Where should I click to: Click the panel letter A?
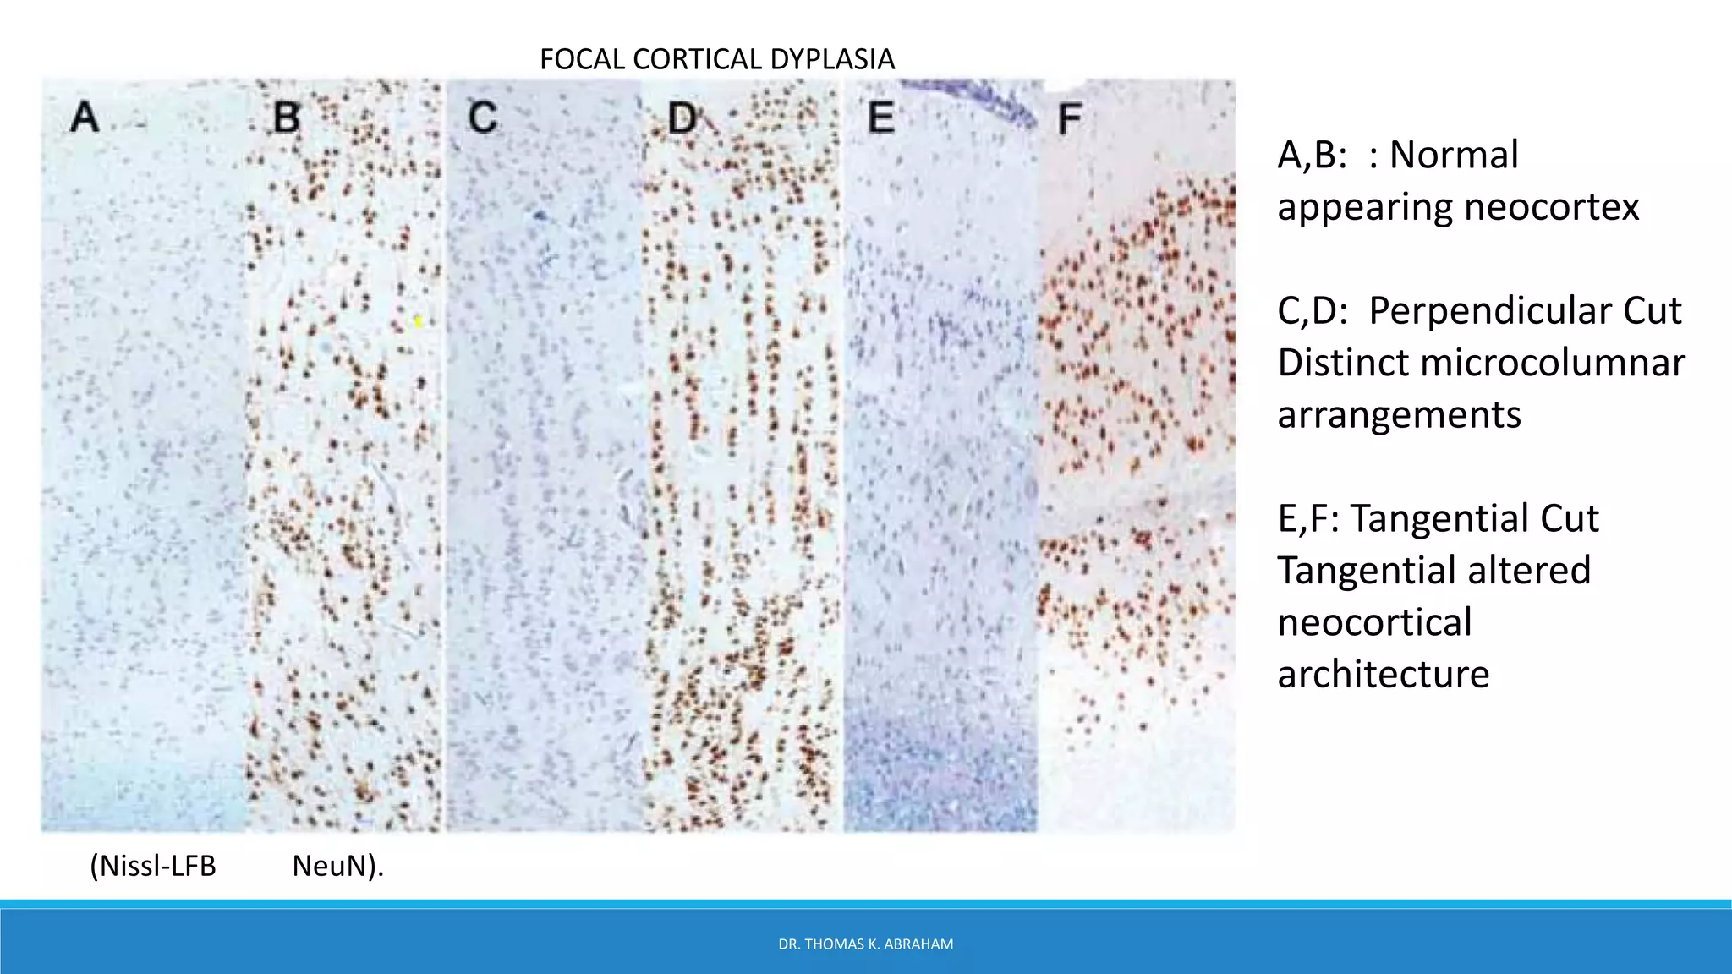85,117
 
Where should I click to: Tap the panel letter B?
287,117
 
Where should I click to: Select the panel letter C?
483,117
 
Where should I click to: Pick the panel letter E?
881,117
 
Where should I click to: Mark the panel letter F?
1069,118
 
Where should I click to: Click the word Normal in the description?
1454,155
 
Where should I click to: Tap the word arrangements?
1399,414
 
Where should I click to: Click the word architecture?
1383,674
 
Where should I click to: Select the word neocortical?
1374,622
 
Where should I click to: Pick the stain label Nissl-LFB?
154,866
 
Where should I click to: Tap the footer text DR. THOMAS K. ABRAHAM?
865,944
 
